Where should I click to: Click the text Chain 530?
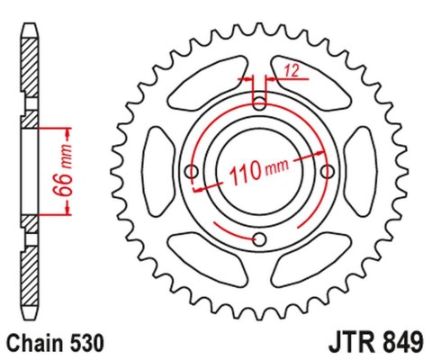click(x=56, y=343)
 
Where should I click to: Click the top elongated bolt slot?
click(x=261, y=96)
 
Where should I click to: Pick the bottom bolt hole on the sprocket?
click(x=260, y=239)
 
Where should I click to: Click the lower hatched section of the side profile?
click(x=30, y=261)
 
